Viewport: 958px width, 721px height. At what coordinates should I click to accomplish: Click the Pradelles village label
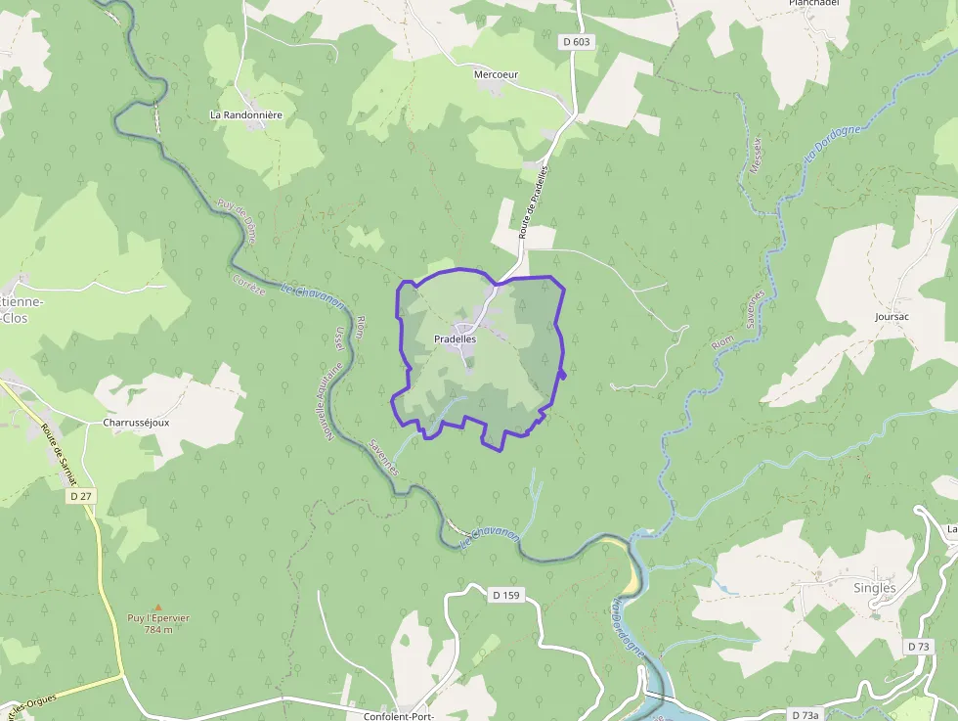point(455,338)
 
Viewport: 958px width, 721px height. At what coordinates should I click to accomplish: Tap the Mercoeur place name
point(496,74)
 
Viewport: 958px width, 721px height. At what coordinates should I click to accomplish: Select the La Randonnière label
point(246,114)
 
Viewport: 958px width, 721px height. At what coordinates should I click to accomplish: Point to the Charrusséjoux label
point(136,424)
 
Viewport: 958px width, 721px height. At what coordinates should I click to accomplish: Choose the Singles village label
point(874,588)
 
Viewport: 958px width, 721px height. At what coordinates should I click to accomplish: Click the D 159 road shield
point(505,594)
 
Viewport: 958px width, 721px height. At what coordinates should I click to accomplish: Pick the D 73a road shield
point(805,715)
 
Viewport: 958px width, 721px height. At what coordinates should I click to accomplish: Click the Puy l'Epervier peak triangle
point(157,607)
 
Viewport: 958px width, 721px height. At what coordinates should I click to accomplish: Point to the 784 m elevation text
point(157,629)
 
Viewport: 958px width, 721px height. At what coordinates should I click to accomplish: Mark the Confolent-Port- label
point(398,715)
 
